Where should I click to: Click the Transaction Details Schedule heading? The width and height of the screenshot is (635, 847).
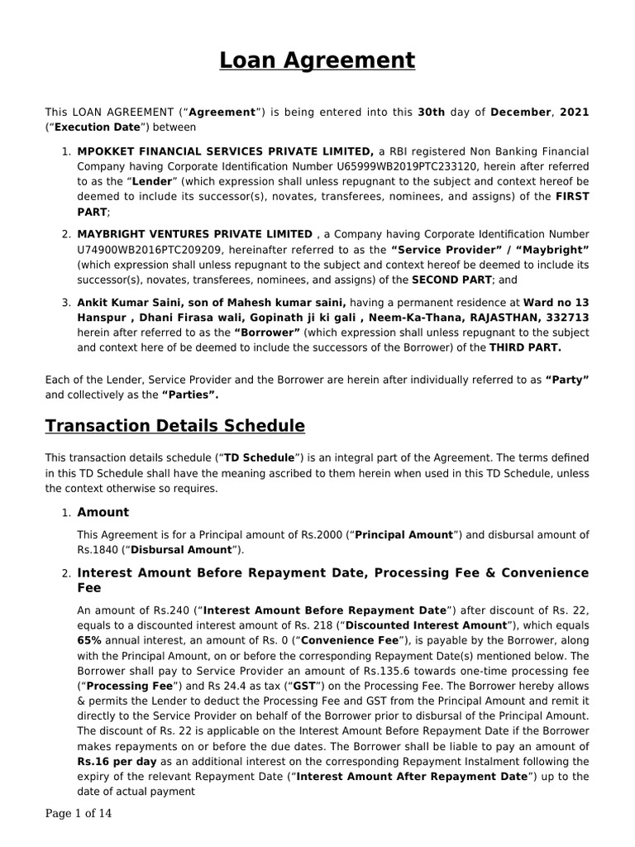click(x=174, y=426)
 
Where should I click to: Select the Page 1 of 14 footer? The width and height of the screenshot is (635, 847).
click(x=78, y=814)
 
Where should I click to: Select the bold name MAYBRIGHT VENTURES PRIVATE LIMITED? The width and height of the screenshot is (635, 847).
click(x=195, y=235)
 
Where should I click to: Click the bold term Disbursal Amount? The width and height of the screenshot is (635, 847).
click(x=180, y=550)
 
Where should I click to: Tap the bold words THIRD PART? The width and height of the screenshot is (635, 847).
click(x=525, y=348)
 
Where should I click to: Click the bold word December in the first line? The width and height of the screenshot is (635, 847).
click(x=522, y=112)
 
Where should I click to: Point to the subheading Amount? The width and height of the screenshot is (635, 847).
click(x=103, y=512)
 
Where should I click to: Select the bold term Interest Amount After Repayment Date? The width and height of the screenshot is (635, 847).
click(x=410, y=776)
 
